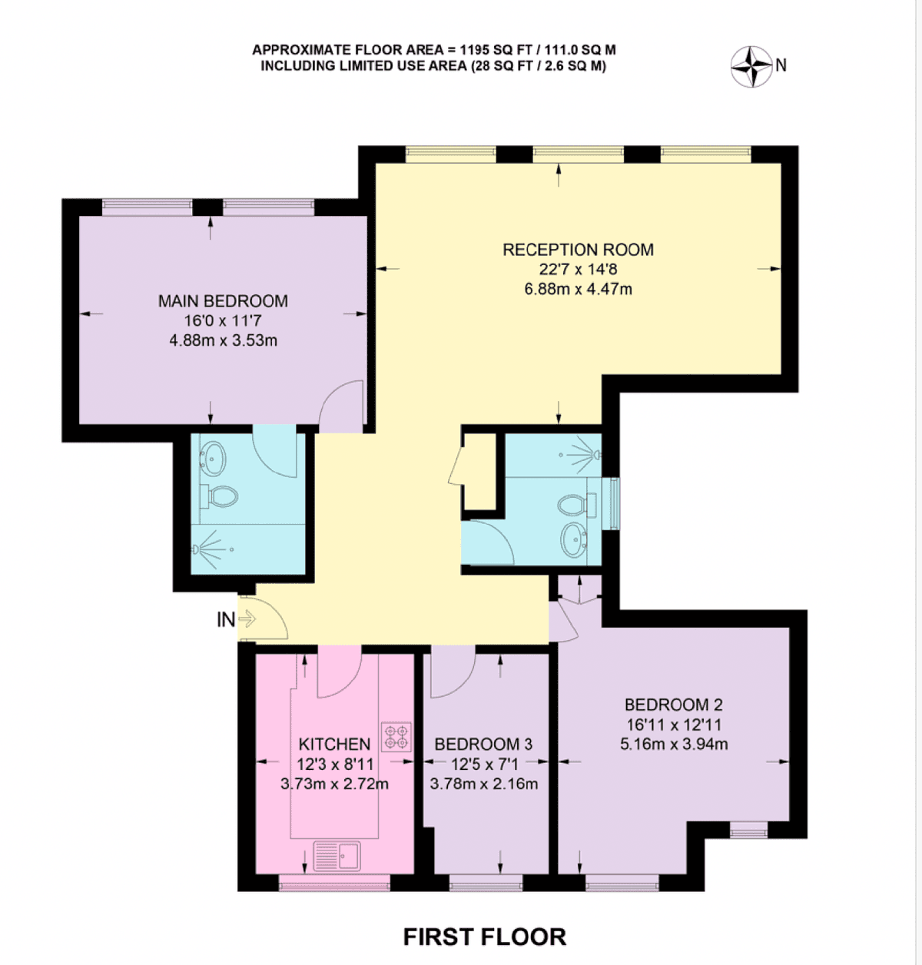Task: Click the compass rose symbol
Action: (752, 66)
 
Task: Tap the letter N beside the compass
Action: (781, 65)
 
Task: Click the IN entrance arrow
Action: (247, 618)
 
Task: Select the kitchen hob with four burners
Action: (396, 736)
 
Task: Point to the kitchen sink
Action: (337, 855)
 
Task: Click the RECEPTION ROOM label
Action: (579, 250)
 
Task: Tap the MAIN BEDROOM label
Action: (223, 301)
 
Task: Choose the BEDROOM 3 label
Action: (483, 744)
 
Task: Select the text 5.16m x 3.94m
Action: (674, 744)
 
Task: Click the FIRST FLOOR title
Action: (485, 937)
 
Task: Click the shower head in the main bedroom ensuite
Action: (195, 549)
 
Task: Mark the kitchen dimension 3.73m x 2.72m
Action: (334, 784)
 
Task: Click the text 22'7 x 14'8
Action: (579, 269)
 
